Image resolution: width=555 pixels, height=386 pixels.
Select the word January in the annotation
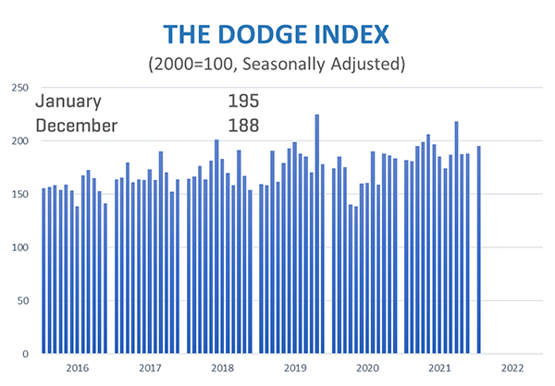click(x=68, y=102)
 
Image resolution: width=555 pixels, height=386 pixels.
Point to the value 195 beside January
click(x=243, y=102)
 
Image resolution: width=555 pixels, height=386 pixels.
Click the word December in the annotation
click(x=77, y=125)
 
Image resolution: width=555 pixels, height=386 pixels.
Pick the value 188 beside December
click(x=243, y=125)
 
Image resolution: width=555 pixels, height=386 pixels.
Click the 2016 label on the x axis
click(x=78, y=368)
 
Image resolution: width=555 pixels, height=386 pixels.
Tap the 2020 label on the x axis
click(x=368, y=368)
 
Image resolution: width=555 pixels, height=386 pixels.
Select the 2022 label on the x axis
click(x=513, y=368)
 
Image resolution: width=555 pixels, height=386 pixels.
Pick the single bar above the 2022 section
click(x=478, y=249)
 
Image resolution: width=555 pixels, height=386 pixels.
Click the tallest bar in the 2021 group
click(x=456, y=237)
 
